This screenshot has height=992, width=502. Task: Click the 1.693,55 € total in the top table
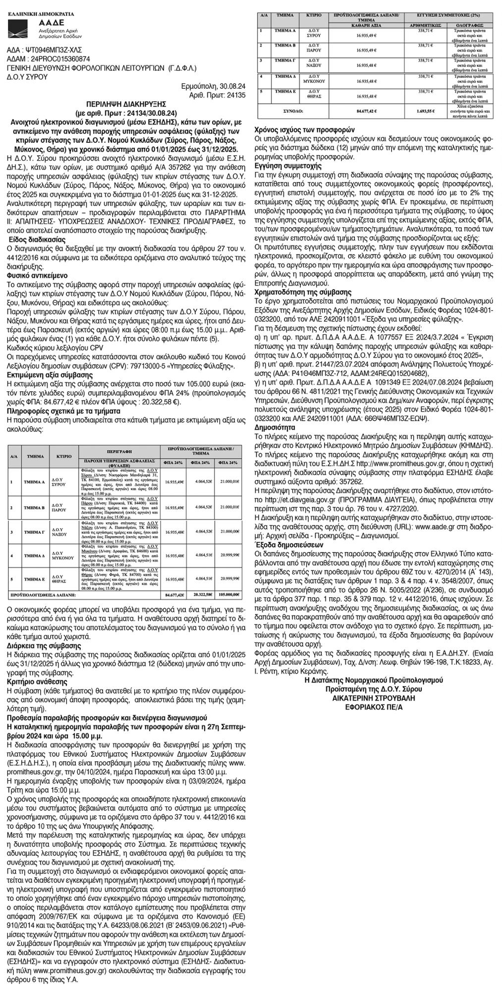(425, 112)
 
